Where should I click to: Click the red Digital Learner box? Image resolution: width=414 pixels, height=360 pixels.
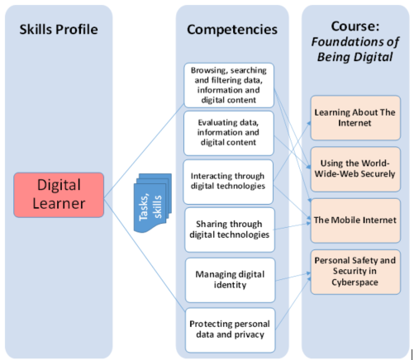tap(59, 195)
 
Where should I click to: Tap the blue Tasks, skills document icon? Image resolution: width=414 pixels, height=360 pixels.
tap(153, 203)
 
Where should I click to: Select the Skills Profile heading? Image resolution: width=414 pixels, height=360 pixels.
tap(59, 30)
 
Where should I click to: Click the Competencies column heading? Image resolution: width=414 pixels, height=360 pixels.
tap(232, 30)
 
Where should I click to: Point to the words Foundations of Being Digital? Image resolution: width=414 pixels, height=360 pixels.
tap(355, 50)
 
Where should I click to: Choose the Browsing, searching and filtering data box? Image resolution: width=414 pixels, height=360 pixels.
tap(229, 85)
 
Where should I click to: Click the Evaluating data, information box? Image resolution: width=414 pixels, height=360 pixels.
tap(229, 133)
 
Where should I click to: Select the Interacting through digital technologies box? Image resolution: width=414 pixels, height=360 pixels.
tap(228, 182)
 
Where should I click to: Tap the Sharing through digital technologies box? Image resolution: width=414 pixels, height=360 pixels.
tap(230, 230)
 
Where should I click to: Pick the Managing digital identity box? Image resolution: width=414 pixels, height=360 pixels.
tap(231, 280)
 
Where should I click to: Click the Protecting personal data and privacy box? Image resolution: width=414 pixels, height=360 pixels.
tap(231, 330)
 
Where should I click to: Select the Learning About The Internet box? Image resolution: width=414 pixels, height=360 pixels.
tap(355, 118)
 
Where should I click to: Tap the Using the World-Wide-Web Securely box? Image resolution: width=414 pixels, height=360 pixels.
tap(355, 169)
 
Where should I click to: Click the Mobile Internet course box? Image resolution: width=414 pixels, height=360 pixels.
tap(355, 220)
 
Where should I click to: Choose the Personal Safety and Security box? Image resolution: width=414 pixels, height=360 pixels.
tap(355, 272)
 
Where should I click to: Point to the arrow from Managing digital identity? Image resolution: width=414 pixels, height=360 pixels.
tap(293, 277)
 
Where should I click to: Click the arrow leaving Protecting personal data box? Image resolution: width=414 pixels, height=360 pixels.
tap(293, 303)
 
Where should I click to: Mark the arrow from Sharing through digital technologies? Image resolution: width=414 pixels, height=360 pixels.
tap(292, 226)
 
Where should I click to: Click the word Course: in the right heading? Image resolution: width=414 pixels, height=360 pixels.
tap(355, 26)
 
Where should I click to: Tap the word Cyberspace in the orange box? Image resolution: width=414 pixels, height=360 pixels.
tap(355, 282)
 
